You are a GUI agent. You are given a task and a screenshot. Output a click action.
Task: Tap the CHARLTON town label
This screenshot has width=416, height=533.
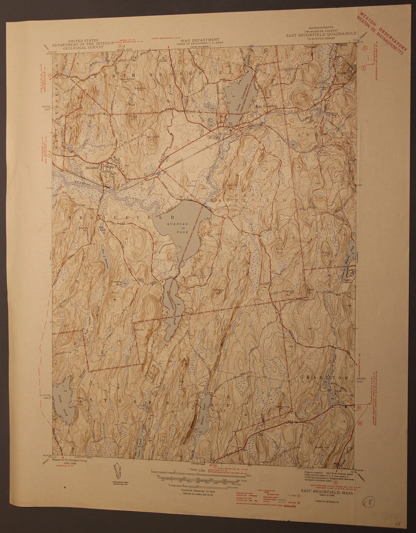point(324,378)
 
